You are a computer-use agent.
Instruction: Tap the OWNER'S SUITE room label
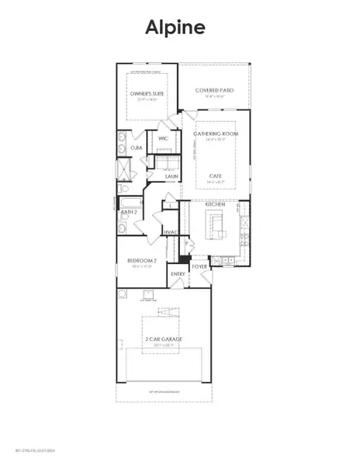click(147, 94)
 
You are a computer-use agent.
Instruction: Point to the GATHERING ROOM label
click(215, 134)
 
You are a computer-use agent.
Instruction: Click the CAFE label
click(215, 176)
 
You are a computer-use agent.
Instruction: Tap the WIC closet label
click(163, 139)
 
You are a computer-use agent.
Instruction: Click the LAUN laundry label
click(172, 177)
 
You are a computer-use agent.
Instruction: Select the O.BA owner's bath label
click(134, 147)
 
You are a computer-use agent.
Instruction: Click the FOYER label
click(200, 266)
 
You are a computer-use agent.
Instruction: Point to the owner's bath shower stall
click(123, 169)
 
